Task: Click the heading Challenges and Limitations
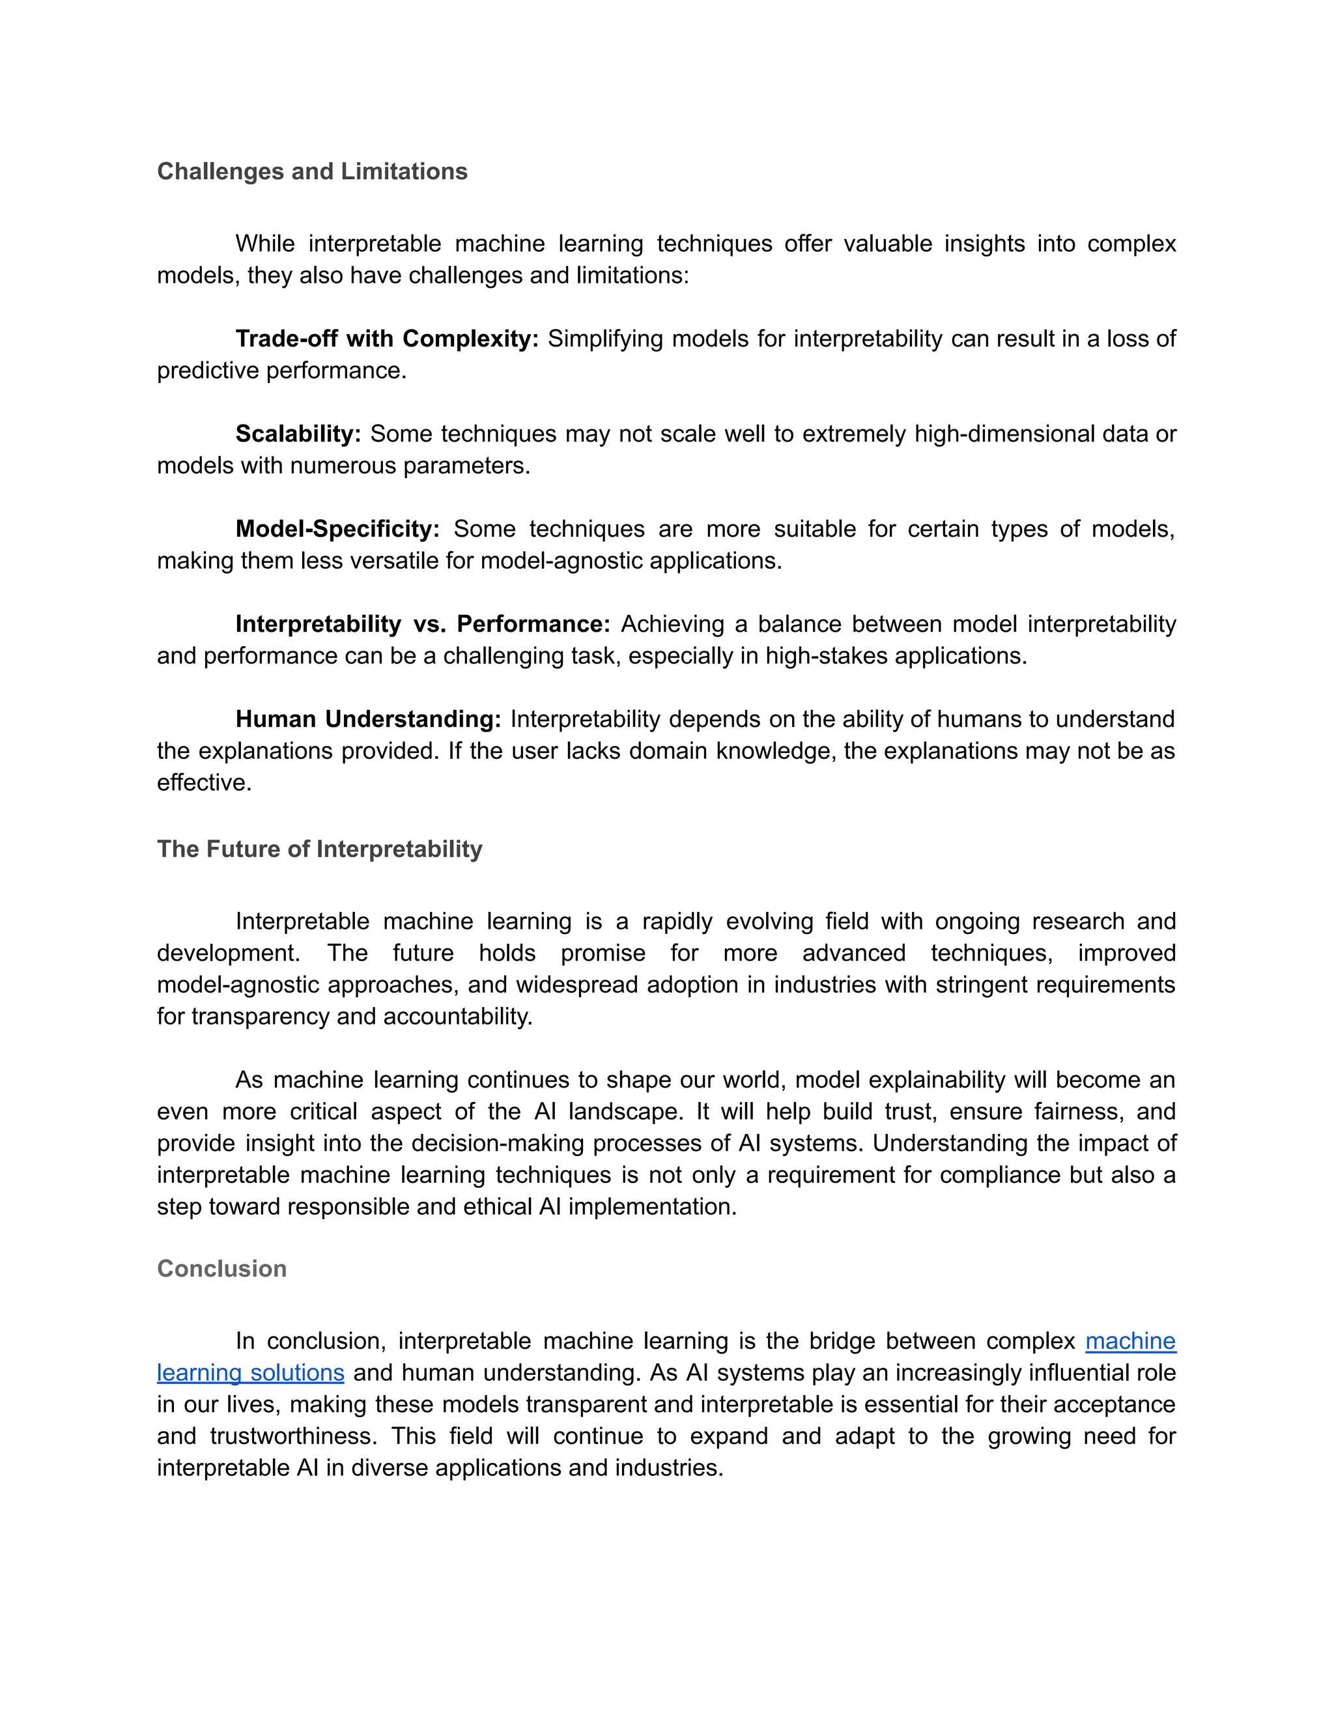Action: click(312, 171)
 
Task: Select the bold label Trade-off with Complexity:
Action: click(386, 339)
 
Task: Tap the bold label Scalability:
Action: click(298, 434)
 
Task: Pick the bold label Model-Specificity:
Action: click(337, 529)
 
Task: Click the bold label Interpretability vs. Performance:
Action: click(423, 625)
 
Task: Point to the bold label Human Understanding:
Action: click(368, 719)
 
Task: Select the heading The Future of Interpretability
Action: click(319, 849)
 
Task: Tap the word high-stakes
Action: click(827, 656)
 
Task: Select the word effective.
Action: click(204, 782)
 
